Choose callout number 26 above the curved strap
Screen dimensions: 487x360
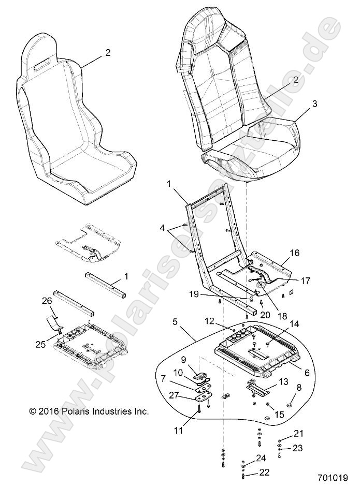click(x=47, y=300)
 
